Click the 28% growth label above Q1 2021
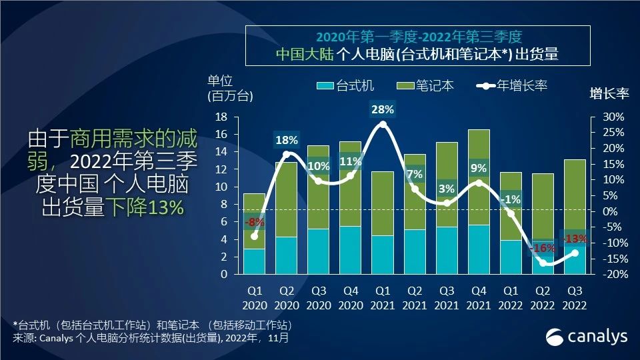[x=383, y=109]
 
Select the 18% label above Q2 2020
[x=287, y=140]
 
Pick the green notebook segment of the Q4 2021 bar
[x=479, y=177]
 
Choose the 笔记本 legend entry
[x=425, y=85]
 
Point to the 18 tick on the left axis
[x=221, y=117]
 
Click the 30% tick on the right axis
[x=613, y=117]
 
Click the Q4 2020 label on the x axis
[x=350, y=299]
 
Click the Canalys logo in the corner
[x=587, y=337]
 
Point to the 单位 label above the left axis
[x=221, y=81]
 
